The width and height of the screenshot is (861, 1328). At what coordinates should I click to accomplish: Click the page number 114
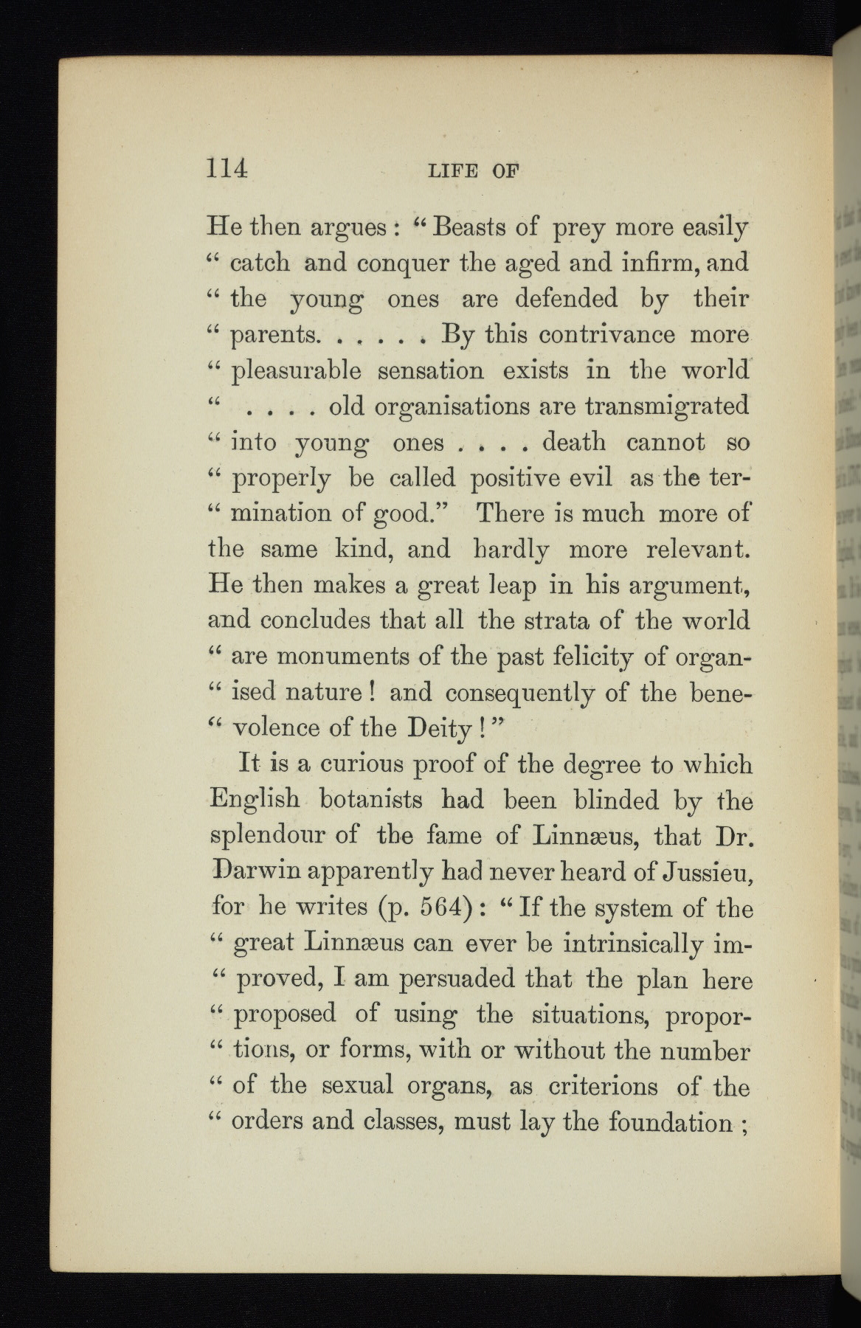click(227, 169)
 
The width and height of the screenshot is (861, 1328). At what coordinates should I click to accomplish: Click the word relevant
click(697, 550)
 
